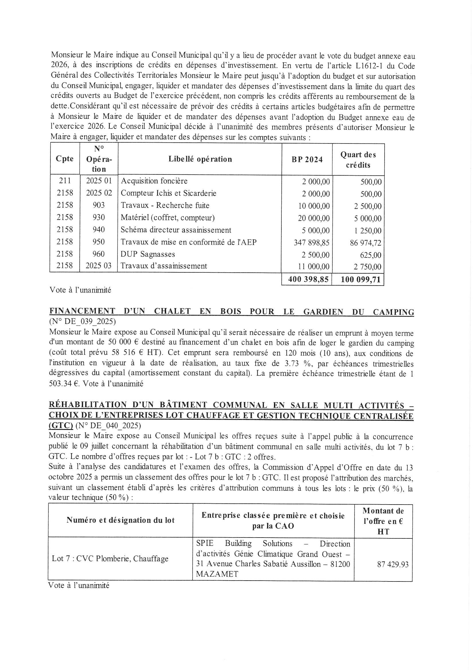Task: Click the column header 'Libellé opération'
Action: coord(200,159)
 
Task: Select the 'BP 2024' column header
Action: coord(307,160)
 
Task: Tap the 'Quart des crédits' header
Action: coord(358,160)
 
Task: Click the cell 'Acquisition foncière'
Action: coord(154,181)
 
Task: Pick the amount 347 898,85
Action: coord(312,243)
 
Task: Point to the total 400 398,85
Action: coord(309,279)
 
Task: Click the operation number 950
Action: coord(99,242)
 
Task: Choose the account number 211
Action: coord(65,181)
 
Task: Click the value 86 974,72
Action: coord(365,243)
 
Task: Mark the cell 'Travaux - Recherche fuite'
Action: coord(165,205)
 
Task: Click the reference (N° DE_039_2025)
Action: coord(83,322)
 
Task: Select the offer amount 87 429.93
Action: coord(393,564)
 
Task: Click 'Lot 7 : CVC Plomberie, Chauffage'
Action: coord(110,559)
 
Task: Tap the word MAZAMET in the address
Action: coord(217,574)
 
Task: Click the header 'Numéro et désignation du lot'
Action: coord(120,520)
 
